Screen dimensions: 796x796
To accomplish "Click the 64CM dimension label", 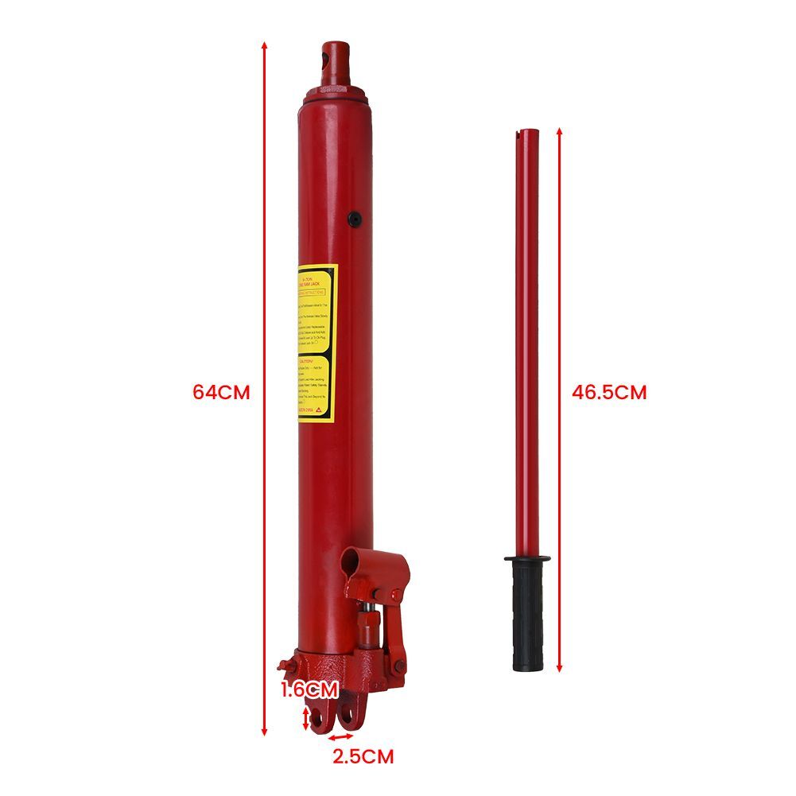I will click(x=221, y=392).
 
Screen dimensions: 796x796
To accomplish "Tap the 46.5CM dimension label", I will click(x=609, y=392).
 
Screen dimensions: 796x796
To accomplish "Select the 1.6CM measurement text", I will click(x=309, y=689).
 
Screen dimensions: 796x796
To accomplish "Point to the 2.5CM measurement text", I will click(x=363, y=755).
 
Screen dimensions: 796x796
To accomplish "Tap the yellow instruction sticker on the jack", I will click(x=317, y=343).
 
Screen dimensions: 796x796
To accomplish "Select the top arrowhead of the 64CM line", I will click(x=265, y=45).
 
